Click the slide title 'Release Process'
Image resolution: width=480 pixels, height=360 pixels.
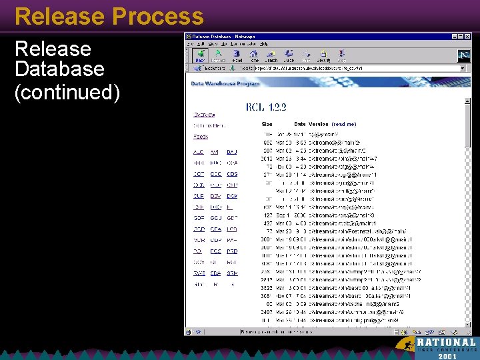pos(109,16)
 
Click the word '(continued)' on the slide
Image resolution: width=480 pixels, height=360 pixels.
pos(67,93)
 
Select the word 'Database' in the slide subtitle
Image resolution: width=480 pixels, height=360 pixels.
pos(59,69)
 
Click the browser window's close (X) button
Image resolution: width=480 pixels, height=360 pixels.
pos(467,36)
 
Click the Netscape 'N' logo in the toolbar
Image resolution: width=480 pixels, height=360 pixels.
pos(464,56)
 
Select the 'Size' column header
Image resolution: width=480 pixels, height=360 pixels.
pos(267,124)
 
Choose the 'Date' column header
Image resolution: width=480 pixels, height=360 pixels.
pos(300,124)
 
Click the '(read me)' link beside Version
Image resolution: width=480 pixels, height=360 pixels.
pos(344,124)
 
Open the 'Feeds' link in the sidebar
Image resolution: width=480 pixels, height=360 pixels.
pos(201,137)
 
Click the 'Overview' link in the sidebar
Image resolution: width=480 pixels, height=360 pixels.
pos(204,115)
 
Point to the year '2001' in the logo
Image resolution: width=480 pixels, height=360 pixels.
pos(448,356)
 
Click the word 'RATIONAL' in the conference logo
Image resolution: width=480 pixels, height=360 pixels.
pos(447,342)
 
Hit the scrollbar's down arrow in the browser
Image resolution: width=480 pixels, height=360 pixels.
pos(467,323)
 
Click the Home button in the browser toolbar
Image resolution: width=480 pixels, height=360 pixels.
pos(254,56)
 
